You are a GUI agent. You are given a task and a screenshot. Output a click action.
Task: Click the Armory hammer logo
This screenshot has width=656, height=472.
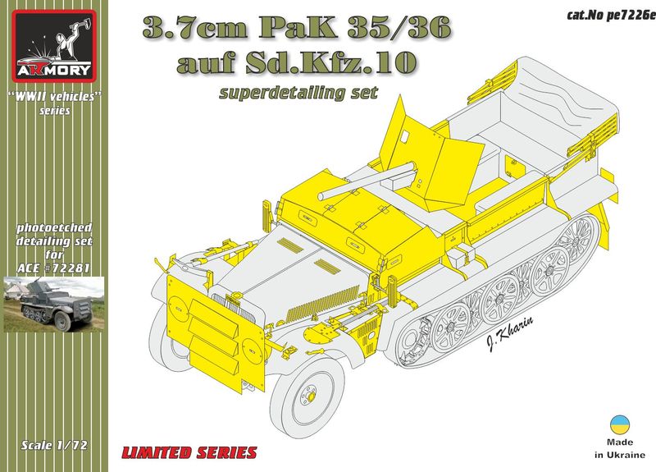click(x=54, y=46)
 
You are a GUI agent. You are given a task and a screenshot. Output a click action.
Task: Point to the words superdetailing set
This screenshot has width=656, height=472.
click(x=298, y=93)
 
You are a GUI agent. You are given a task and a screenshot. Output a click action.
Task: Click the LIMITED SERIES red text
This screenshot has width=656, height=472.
click(x=189, y=452)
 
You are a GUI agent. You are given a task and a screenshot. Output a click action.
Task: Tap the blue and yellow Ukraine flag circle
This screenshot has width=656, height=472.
click(x=620, y=425)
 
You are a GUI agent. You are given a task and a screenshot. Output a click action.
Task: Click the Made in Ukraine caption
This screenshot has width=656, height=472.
click(x=620, y=448)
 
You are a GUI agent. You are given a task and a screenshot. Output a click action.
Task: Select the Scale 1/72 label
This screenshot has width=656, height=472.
click(x=54, y=445)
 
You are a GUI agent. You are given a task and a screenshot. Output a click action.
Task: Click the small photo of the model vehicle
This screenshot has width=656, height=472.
click(x=54, y=305)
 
